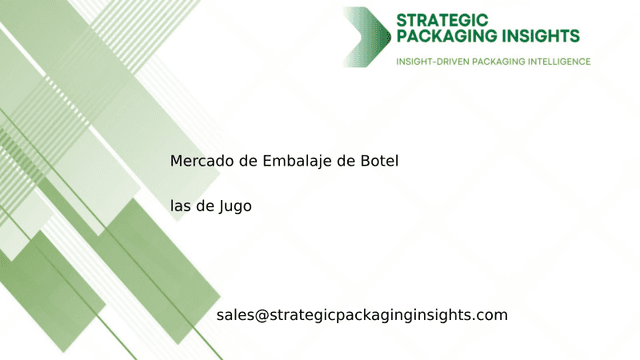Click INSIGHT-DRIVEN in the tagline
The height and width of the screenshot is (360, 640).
click(436, 62)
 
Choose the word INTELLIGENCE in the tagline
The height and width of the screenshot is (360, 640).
click(557, 62)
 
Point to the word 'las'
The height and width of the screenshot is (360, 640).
click(181, 206)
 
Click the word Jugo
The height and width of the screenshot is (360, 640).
click(235, 207)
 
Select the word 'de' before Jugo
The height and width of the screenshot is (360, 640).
click(206, 206)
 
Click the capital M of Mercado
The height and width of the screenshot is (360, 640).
click(176, 160)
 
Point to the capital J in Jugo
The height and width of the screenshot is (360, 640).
click(222, 206)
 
